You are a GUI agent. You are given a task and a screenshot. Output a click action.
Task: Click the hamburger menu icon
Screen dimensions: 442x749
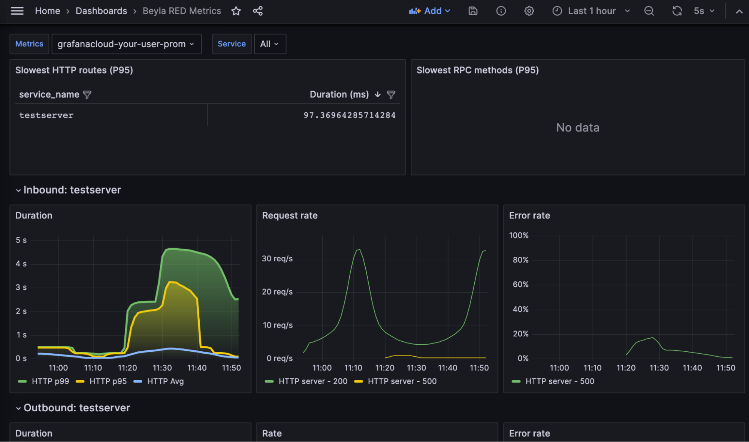coord(17,11)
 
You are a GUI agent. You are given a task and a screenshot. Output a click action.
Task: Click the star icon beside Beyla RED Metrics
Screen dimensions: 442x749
coord(236,11)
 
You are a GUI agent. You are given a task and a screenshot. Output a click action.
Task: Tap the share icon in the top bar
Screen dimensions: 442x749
coord(258,11)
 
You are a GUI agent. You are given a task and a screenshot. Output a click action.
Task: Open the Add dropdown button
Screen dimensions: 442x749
coord(429,11)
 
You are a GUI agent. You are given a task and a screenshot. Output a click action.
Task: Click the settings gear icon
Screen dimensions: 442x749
coord(529,11)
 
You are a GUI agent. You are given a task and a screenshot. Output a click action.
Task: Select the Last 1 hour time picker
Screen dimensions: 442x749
coord(591,11)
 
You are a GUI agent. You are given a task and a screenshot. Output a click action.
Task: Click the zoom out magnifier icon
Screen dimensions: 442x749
coord(649,11)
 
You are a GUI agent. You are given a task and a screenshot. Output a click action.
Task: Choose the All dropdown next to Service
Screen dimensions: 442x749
coord(270,44)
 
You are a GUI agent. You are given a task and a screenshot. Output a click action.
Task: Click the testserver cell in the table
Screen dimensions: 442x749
coord(46,115)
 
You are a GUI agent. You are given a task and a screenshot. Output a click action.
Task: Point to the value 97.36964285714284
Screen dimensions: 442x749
coord(349,115)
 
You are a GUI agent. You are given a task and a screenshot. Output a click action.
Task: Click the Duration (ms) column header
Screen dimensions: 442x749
coord(339,95)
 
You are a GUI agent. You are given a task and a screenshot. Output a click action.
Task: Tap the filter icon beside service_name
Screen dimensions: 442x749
coord(87,95)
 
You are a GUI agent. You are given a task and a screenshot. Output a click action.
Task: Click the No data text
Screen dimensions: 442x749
coord(577,128)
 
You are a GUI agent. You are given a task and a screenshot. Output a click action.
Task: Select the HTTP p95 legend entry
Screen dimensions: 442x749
coord(108,381)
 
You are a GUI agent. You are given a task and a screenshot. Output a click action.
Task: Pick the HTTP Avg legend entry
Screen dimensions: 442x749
coord(165,381)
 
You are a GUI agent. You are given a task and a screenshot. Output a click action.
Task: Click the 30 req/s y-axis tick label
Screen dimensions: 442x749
coord(277,259)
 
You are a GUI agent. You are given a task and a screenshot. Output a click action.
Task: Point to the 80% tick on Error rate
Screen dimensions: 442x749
coord(520,260)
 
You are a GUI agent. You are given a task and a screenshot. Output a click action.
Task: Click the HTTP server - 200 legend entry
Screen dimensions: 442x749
coord(313,381)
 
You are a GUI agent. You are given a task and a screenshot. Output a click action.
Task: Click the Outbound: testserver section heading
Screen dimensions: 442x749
coord(77,408)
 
